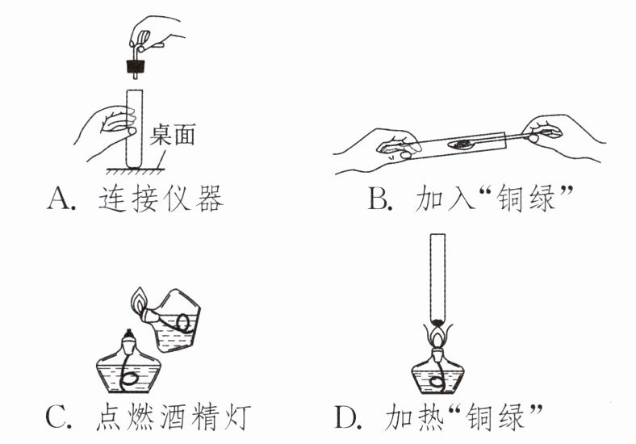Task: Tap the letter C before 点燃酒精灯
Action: pyautogui.click(x=57, y=418)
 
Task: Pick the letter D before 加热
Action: pyautogui.click(x=346, y=418)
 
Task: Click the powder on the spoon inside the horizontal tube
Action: pyautogui.click(x=464, y=145)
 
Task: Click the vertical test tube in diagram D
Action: pyautogui.click(x=439, y=274)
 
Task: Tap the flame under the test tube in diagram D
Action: pyautogui.click(x=438, y=333)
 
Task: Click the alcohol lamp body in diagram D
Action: pyautogui.click(x=438, y=375)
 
